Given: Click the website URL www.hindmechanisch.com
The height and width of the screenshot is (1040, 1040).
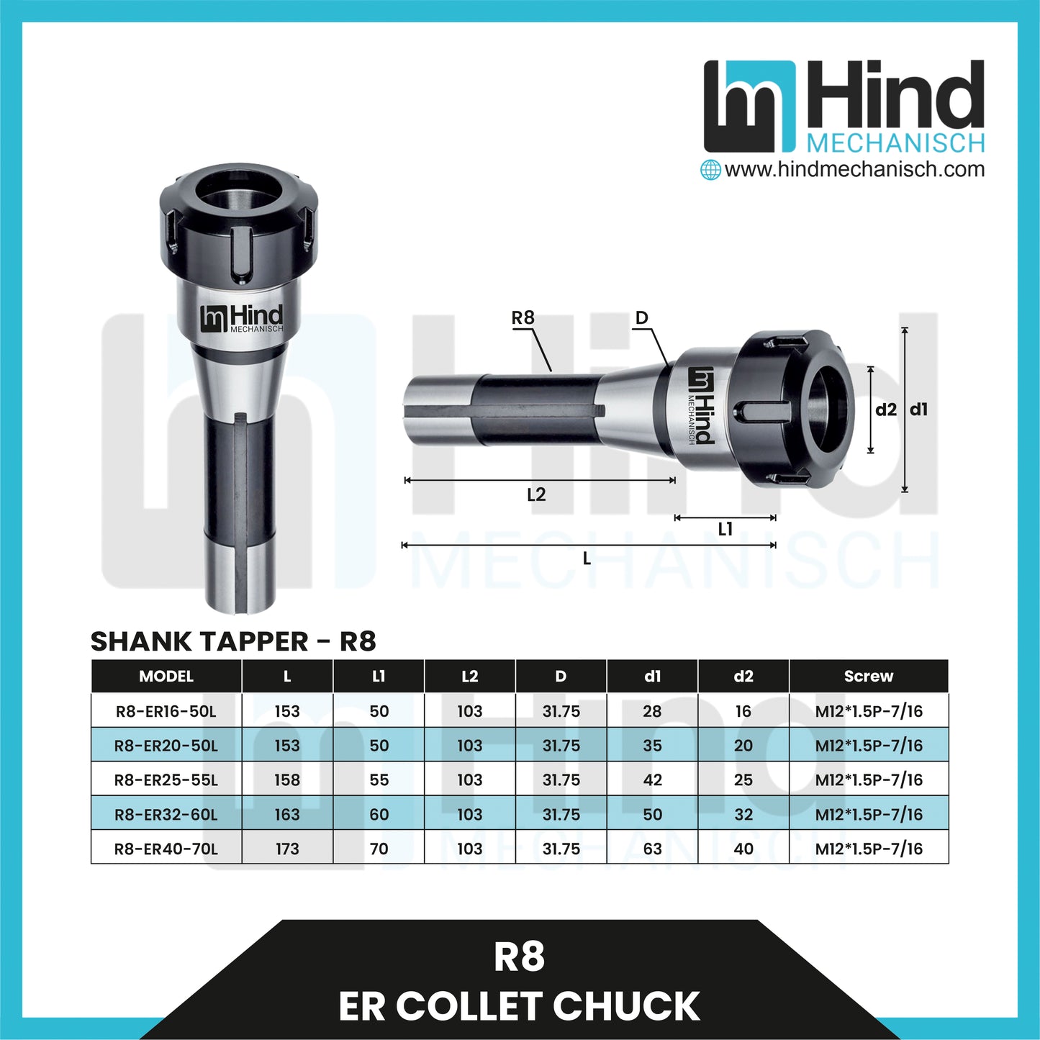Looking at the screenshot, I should (x=854, y=170).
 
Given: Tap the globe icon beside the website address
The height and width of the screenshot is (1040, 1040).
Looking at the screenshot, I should (x=710, y=170).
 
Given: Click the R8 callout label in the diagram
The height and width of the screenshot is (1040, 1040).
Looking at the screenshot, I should (x=523, y=317).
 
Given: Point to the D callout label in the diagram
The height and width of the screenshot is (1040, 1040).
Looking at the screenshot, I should (x=641, y=317).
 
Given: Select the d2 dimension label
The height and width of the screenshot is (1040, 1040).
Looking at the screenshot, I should (x=886, y=410).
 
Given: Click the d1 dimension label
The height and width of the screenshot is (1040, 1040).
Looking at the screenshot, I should (x=919, y=410).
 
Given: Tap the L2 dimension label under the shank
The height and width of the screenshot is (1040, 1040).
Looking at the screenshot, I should (x=536, y=494).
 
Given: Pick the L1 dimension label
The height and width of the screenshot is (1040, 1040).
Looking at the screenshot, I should (x=725, y=530).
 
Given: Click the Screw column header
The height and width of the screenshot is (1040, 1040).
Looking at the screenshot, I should (x=868, y=676).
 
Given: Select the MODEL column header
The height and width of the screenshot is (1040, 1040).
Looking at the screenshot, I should (x=166, y=676).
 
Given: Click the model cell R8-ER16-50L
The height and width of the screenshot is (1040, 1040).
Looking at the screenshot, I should (x=166, y=711).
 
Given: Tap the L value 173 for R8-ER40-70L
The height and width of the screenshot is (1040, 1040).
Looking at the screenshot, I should (x=287, y=849).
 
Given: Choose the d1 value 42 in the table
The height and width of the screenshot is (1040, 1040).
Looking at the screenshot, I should (x=652, y=779).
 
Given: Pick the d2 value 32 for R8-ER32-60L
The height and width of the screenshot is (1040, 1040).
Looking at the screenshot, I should (x=743, y=814).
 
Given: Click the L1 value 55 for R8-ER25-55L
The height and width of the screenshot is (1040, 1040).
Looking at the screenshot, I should (x=379, y=779).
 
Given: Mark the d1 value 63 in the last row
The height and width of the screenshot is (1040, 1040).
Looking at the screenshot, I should (x=652, y=849).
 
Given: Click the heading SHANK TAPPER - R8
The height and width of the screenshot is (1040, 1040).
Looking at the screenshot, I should (x=233, y=641).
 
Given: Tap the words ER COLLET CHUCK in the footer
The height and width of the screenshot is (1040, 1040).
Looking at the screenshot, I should (x=519, y=1005).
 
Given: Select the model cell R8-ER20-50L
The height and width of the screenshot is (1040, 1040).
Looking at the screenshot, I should (x=166, y=746).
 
